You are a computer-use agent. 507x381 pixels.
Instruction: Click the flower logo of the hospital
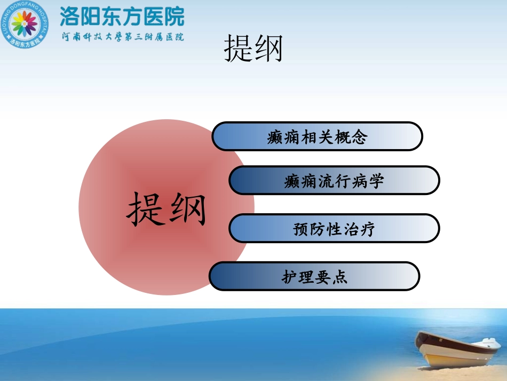[26, 25]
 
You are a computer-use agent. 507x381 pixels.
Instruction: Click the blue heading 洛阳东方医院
[122, 16]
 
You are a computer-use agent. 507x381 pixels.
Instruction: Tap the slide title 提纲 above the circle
[253, 49]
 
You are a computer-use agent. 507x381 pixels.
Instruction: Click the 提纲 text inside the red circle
[166, 208]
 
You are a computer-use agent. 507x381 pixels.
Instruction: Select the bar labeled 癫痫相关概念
[317, 136]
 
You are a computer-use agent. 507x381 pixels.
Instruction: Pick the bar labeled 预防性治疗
[334, 229]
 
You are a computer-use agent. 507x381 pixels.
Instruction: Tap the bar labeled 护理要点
[314, 276]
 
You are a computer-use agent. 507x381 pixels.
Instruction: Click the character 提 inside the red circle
[145, 208]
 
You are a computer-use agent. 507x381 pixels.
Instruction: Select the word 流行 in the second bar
[334, 181]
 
